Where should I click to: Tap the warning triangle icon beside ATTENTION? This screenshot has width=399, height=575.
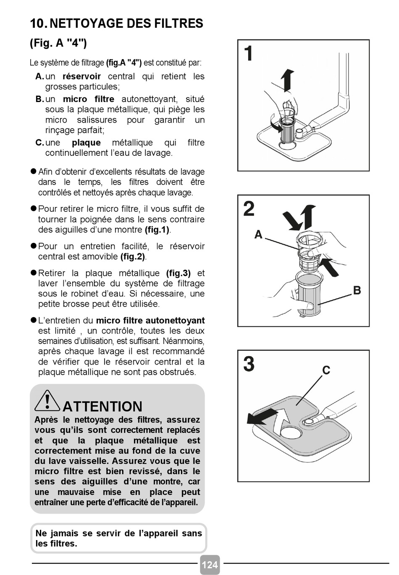47,401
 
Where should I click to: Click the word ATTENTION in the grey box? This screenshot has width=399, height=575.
102,406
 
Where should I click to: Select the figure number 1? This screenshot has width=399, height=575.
248,53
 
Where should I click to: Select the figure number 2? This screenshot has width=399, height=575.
249,209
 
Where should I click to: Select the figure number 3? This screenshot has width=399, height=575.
249,364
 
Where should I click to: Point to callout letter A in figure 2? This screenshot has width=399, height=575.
258,234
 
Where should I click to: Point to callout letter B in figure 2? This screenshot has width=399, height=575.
357,290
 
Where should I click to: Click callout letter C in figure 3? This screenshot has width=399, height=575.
326,370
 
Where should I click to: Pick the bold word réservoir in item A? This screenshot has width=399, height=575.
81,76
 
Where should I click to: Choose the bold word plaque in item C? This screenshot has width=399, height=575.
86,143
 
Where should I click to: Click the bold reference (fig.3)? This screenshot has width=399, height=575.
178,273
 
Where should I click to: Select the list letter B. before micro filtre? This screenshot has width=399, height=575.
40,99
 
